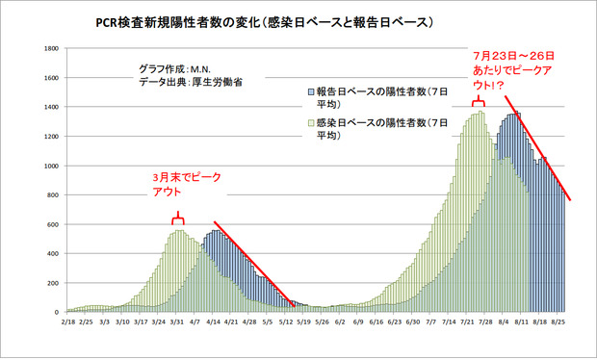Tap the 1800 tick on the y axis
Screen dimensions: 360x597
tap(51, 48)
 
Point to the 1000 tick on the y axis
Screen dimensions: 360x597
tap(51, 167)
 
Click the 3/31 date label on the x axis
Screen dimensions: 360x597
tap(177, 324)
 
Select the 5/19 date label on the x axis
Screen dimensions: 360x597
tap(304, 324)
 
